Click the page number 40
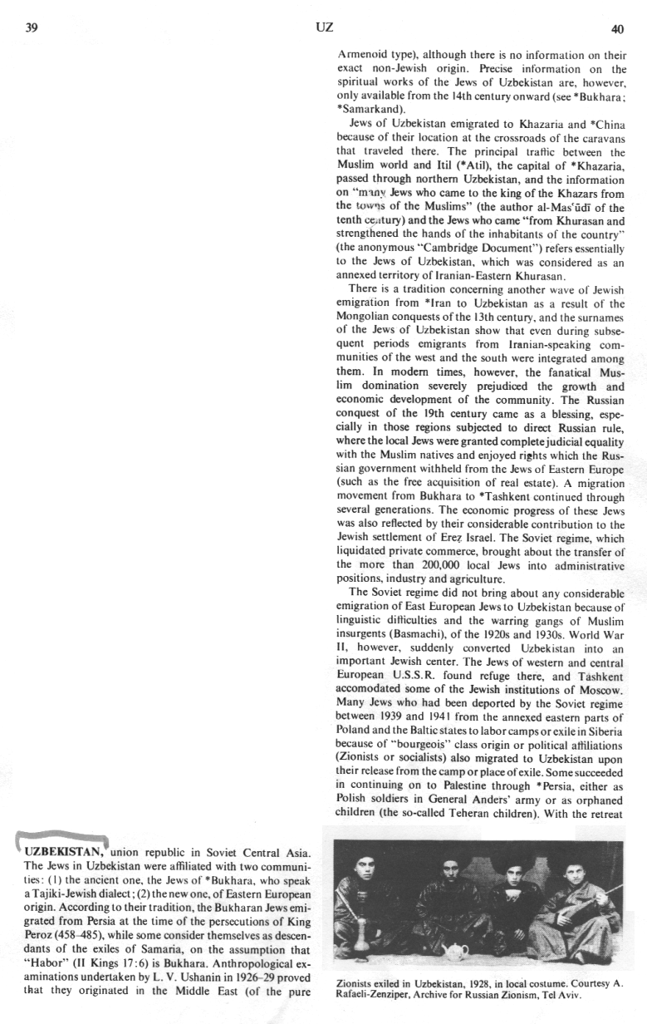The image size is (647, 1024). [x=616, y=29]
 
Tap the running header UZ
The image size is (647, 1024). [x=325, y=27]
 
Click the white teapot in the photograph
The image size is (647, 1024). [x=458, y=949]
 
